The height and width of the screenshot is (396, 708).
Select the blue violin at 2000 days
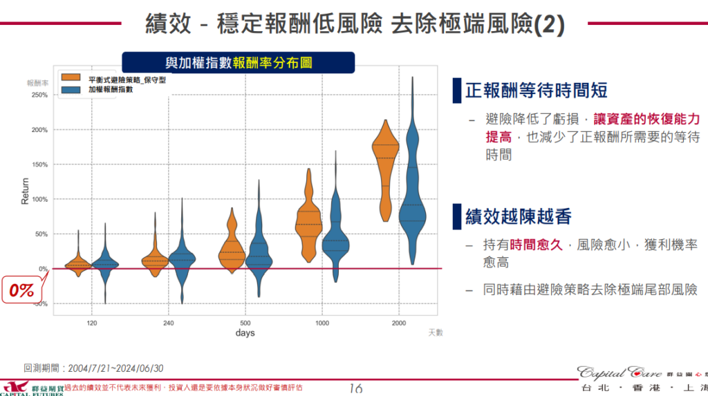point(412,200)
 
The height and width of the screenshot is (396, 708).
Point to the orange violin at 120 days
point(78,265)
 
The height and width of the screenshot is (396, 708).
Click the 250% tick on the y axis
point(39,95)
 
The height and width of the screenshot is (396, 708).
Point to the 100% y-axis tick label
point(39,199)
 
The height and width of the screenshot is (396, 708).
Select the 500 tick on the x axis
point(245,323)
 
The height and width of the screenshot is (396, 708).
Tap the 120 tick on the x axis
point(91,323)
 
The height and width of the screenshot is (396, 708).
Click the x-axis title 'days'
point(245,333)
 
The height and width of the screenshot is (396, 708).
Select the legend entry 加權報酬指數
point(110,90)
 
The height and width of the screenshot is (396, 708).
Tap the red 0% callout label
point(22,290)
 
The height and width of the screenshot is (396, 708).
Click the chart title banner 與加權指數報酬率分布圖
point(238,62)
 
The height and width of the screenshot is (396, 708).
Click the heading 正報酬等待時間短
point(536,91)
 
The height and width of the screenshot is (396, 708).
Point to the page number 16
point(356,388)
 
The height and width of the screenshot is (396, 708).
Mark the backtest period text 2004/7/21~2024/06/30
point(115,368)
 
